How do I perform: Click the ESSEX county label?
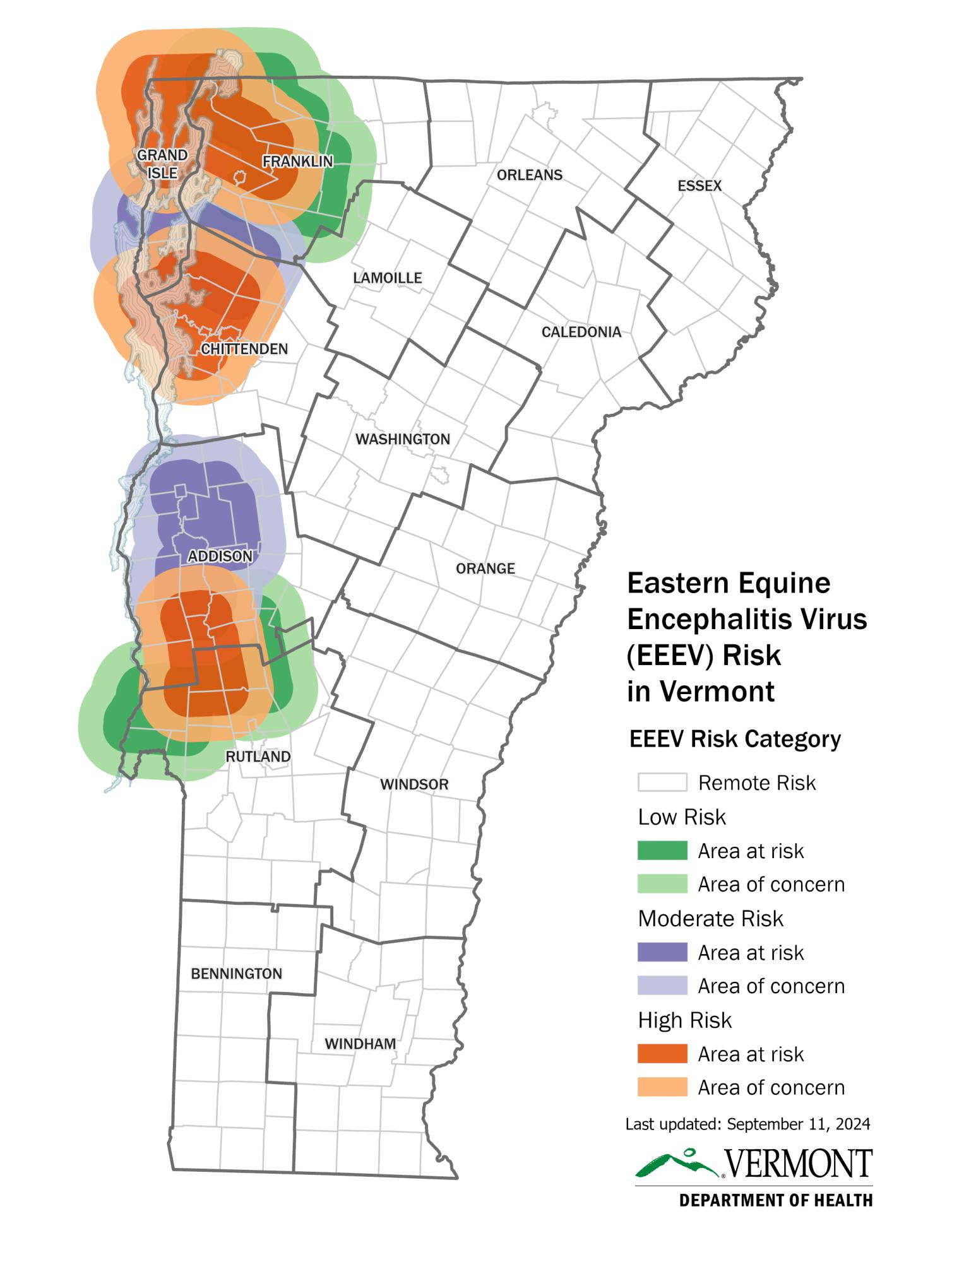[x=699, y=186]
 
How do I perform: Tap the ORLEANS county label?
[x=529, y=175]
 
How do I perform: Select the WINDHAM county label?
[x=360, y=1044]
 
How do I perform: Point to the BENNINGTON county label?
[x=236, y=974]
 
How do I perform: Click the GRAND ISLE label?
[x=162, y=163]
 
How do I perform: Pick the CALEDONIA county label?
[x=581, y=332]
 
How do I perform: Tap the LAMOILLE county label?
[x=387, y=278]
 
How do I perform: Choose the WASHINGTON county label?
[x=403, y=439]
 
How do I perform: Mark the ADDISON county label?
[x=220, y=556]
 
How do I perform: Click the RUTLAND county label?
[x=258, y=756]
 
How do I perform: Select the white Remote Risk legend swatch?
[x=662, y=782]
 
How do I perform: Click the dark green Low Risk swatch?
[x=662, y=851]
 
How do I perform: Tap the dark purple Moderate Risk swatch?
[x=662, y=952]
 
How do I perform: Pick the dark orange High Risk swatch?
[x=662, y=1054]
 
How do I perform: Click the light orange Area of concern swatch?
[x=662, y=1087]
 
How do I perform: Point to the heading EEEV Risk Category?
[x=735, y=738]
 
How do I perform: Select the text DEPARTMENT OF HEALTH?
[x=775, y=1200]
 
